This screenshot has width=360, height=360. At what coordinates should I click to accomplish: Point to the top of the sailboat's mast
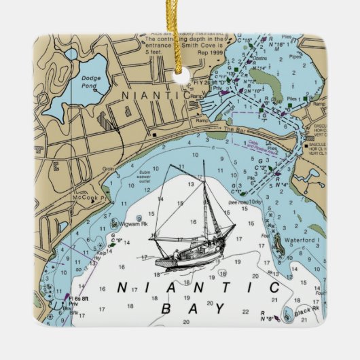[203, 162]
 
